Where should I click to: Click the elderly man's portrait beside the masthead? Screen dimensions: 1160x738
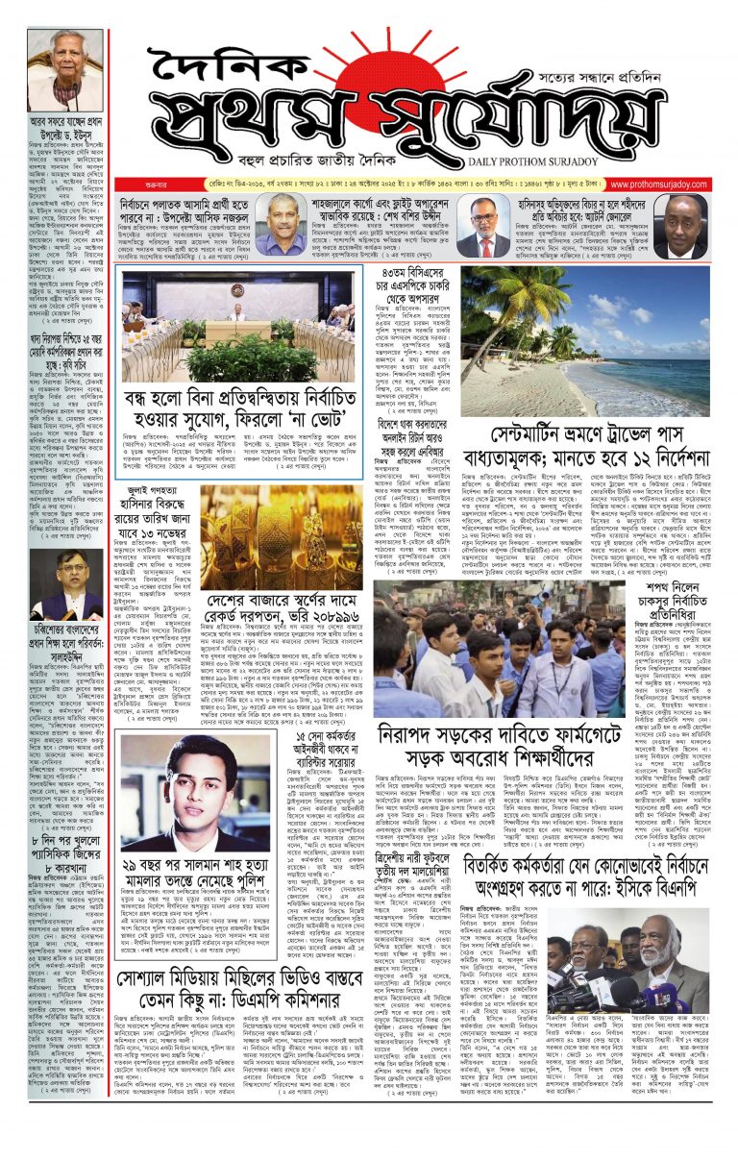[x=64, y=69]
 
